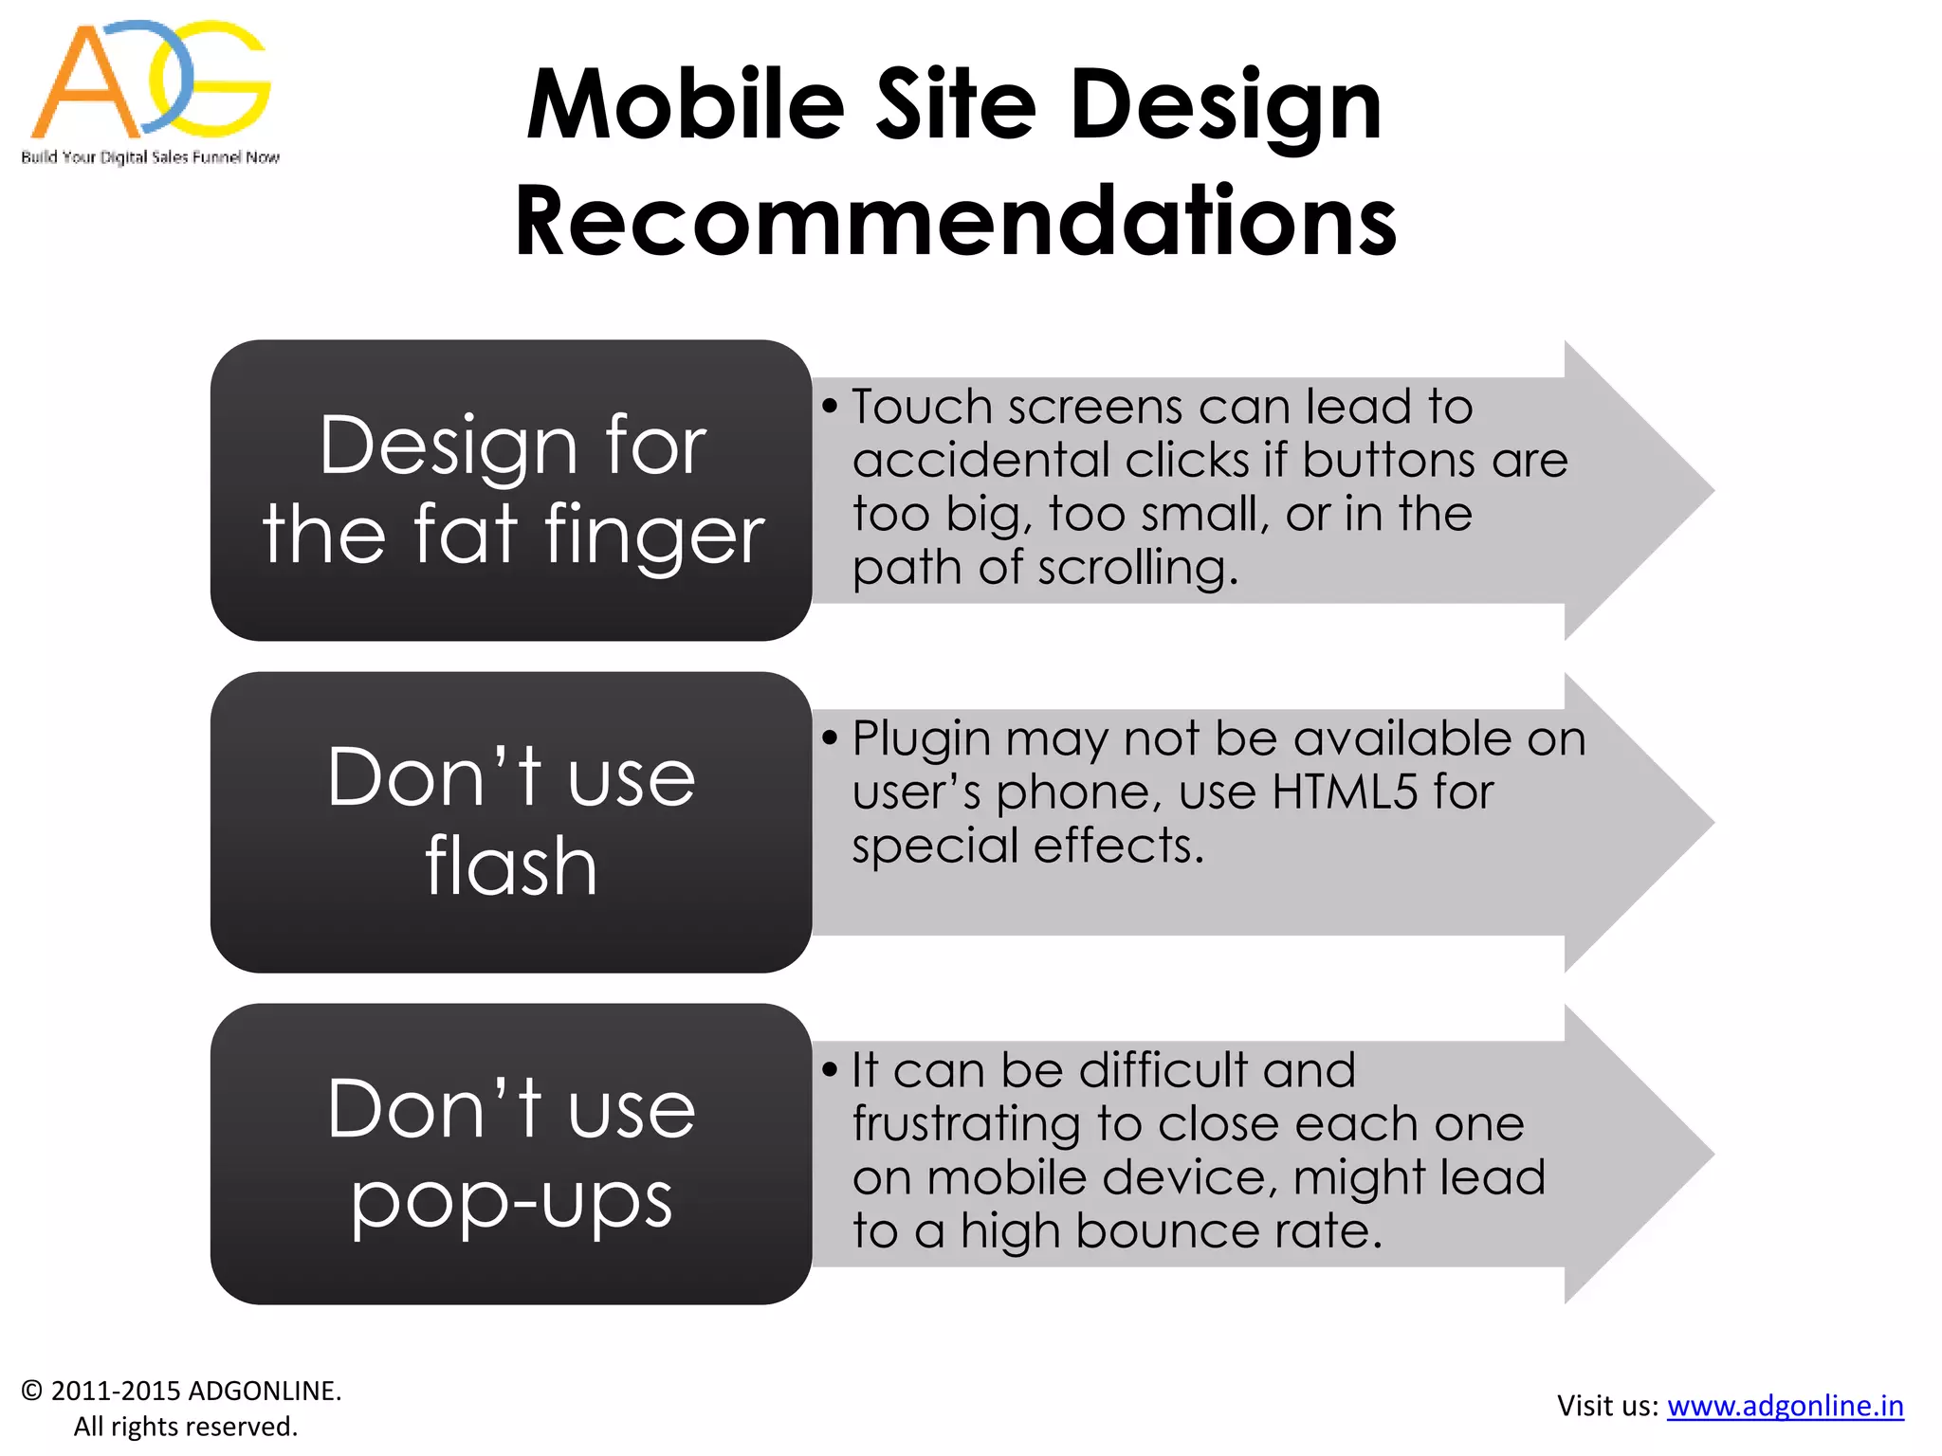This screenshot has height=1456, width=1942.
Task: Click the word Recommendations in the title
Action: [955, 221]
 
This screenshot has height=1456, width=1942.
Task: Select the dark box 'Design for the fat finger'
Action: [511, 490]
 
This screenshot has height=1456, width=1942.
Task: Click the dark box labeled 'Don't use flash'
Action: [511, 822]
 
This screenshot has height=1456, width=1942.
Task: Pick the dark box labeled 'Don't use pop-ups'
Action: [511, 1154]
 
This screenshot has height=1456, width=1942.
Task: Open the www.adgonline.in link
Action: [1785, 1405]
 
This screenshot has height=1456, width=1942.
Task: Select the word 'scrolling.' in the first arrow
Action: [1138, 569]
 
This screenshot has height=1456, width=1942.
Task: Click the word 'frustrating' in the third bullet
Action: [966, 1125]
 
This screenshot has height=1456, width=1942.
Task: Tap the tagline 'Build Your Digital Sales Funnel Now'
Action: [151, 157]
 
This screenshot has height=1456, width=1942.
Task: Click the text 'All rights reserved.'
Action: [186, 1427]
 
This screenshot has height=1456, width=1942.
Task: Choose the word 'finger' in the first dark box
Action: [653, 537]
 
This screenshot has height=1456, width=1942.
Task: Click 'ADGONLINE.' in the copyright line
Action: [265, 1391]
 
